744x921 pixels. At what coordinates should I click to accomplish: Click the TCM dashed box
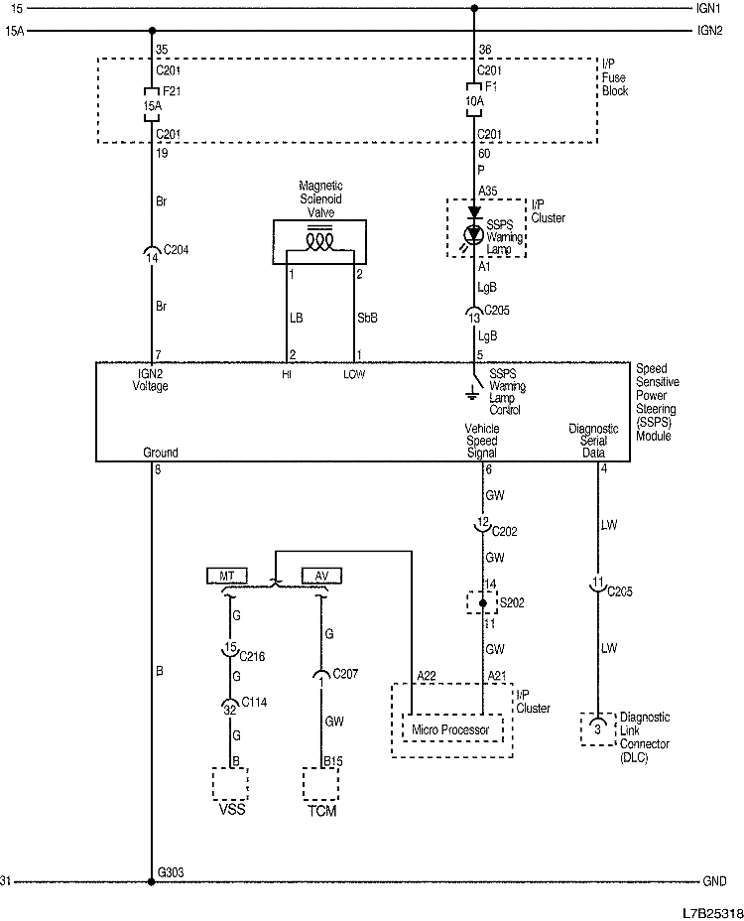pyautogui.click(x=320, y=783)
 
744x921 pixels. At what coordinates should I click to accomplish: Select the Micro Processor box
pyautogui.click(x=451, y=730)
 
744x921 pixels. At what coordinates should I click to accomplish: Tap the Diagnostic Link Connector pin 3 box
pyautogui.click(x=596, y=728)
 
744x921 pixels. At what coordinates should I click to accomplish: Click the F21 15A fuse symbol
pyautogui.click(x=152, y=102)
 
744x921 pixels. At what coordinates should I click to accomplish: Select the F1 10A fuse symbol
pyautogui.click(x=473, y=102)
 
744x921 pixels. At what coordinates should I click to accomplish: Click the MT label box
pyautogui.click(x=227, y=576)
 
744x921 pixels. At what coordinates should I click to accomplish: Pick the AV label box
pyautogui.click(x=320, y=576)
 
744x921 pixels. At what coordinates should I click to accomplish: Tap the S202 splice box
pyautogui.click(x=482, y=602)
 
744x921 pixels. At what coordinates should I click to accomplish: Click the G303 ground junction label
pyautogui.click(x=172, y=872)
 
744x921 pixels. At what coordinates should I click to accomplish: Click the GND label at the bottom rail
pyautogui.click(x=714, y=881)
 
